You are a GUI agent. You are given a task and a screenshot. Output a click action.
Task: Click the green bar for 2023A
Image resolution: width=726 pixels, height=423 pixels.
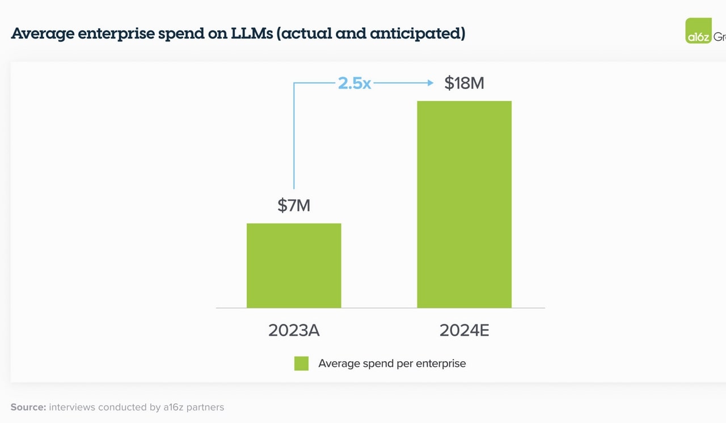pyautogui.click(x=294, y=265)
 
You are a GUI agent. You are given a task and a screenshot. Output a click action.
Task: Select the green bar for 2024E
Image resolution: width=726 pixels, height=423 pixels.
pyautogui.click(x=464, y=204)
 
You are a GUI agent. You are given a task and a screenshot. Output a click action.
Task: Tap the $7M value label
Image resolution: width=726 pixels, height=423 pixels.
pyautogui.click(x=294, y=205)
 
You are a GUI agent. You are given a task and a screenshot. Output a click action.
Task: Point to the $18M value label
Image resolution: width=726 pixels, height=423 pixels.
pyautogui.click(x=464, y=83)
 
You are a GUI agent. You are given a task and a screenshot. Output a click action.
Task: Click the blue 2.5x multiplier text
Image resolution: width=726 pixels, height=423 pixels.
pyautogui.click(x=354, y=83)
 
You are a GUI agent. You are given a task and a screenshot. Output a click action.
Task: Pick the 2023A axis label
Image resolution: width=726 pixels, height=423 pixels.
pyautogui.click(x=294, y=331)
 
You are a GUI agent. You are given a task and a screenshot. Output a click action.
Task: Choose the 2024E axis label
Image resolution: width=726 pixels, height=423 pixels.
pyautogui.click(x=464, y=331)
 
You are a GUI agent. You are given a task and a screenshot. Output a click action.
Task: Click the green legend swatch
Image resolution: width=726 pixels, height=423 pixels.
pyautogui.click(x=301, y=363)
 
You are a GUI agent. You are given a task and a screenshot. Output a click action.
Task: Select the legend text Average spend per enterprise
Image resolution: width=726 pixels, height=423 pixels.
pyautogui.click(x=392, y=363)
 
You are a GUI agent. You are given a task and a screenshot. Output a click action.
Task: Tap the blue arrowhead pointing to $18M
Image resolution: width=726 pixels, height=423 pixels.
pyautogui.click(x=430, y=83)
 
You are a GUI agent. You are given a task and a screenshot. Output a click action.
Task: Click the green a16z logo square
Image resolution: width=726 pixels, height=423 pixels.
pyautogui.click(x=698, y=31)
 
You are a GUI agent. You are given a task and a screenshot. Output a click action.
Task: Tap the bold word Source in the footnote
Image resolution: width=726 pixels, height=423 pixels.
pyautogui.click(x=28, y=407)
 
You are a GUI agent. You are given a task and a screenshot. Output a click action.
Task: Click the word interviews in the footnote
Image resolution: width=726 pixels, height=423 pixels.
pyautogui.click(x=72, y=407)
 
